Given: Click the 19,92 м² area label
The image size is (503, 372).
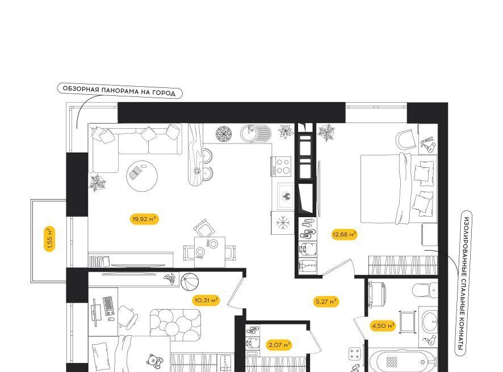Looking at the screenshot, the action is [x=144, y=219].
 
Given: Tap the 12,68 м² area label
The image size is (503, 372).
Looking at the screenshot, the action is [x=344, y=235].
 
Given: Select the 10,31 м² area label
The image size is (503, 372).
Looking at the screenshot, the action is [x=206, y=300].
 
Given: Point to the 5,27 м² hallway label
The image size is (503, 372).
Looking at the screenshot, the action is [x=326, y=302].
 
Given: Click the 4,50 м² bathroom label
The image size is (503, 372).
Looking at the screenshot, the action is [x=383, y=326].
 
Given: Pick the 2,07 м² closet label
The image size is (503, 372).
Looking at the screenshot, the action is [x=279, y=345].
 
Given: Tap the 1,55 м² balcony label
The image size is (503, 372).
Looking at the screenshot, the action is [x=49, y=239].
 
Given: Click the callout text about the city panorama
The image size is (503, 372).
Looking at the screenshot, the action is [x=119, y=91].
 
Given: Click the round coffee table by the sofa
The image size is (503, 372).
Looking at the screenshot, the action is [x=142, y=176].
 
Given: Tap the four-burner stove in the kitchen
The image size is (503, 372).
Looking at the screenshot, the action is [x=281, y=166].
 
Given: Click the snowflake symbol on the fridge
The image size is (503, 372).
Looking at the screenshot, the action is [x=283, y=222].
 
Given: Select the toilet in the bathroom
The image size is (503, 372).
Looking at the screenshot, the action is [x=425, y=290].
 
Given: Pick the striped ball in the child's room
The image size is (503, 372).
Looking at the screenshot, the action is [x=189, y=282].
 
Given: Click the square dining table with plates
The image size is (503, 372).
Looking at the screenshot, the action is [x=209, y=252].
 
